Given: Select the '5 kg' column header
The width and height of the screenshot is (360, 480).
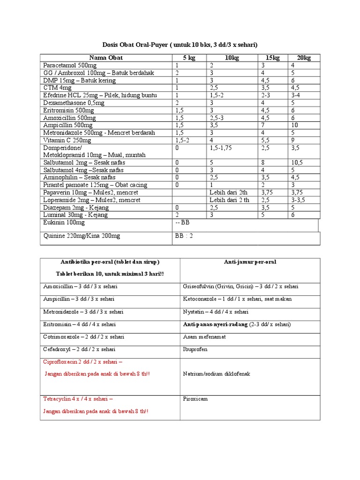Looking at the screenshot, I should pos(189,58).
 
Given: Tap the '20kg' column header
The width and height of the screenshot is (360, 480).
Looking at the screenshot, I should pos(304,58).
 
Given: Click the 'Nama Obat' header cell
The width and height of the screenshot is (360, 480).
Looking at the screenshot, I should pos(106,58).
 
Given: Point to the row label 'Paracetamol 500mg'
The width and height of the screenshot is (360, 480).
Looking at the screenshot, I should pos(70,66).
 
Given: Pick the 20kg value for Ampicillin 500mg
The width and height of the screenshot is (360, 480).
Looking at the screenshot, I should pos(294,126).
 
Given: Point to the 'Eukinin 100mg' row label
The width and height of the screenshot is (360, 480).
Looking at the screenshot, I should pos(64,223).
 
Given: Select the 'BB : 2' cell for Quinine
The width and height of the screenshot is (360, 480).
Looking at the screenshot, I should pos(184,236).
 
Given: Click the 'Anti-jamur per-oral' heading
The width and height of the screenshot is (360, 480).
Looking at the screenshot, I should pos(250,262).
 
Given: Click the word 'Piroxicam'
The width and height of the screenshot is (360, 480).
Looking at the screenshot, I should pos(195,399).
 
